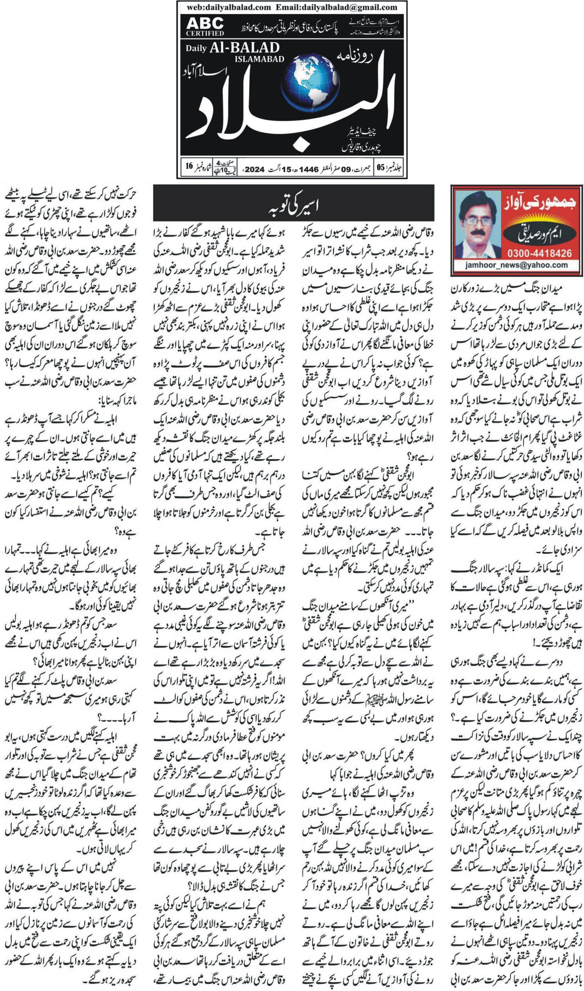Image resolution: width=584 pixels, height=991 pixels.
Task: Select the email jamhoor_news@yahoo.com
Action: coord(516,265)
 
